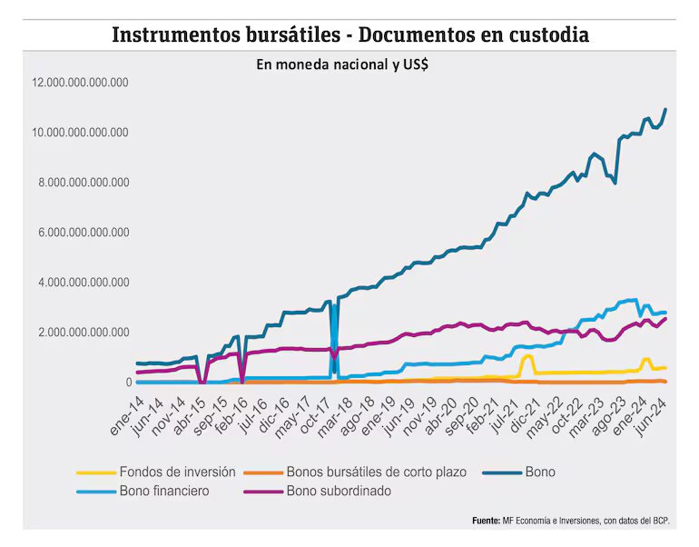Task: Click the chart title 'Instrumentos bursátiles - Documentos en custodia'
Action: [350, 35]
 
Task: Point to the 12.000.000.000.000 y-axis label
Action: [80, 83]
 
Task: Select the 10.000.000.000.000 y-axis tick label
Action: [80, 133]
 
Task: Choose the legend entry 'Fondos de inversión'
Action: [177, 472]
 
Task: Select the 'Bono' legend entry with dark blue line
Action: [539, 472]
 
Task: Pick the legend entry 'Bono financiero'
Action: [164, 492]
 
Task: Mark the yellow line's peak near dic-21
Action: [527, 355]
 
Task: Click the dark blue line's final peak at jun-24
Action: [665, 109]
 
